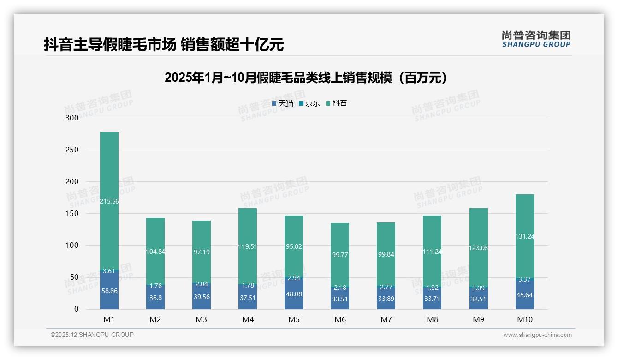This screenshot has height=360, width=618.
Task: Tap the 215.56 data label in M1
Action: (x=109, y=201)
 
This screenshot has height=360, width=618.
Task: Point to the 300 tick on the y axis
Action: (x=73, y=118)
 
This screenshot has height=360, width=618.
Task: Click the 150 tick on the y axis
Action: (x=73, y=214)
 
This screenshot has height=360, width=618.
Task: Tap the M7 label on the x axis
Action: (x=386, y=319)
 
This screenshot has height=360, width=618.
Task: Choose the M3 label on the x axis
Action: (x=202, y=319)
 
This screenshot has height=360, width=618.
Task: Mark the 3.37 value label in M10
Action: (x=524, y=279)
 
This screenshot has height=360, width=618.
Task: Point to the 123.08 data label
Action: (x=479, y=248)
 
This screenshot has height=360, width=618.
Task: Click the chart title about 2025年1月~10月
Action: (x=306, y=78)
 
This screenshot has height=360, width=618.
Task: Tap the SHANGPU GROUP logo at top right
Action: (x=536, y=39)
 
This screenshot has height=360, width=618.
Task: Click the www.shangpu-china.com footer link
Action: (x=537, y=335)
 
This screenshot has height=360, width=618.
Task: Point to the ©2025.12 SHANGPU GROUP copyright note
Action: (x=92, y=335)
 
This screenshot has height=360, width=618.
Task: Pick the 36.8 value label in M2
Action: (x=155, y=298)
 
